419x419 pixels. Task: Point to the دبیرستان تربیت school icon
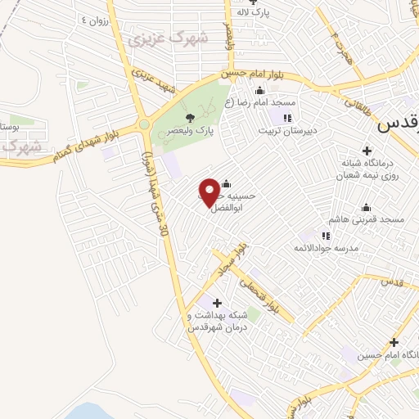click(x=286, y=119)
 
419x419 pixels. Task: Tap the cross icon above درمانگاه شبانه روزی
click(x=367, y=151)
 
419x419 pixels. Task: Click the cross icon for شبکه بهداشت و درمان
click(x=217, y=304)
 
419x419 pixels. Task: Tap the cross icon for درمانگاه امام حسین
click(x=394, y=342)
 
